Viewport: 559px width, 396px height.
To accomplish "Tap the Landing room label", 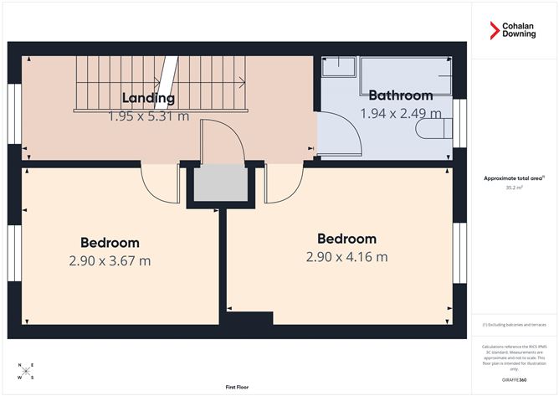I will pyautogui.click(x=147, y=97).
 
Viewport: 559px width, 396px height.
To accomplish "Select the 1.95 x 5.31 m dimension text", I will pyautogui.click(x=148, y=116).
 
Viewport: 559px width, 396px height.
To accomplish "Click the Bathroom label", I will pyautogui.click(x=400, y=95).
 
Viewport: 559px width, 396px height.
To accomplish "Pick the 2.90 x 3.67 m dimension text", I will pyautogui.click(x=110, y=261).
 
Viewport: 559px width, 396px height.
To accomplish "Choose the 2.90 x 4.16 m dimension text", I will pyautogui.click(x=346, y=257).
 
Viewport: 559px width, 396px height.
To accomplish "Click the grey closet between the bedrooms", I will pyautogui.click(x=217, y=184).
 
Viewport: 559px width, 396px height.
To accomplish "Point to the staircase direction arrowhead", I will pyautogui.click(x=242, y=83).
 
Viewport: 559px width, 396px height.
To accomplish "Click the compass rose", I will pyautogui.click(x=26, y=371).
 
